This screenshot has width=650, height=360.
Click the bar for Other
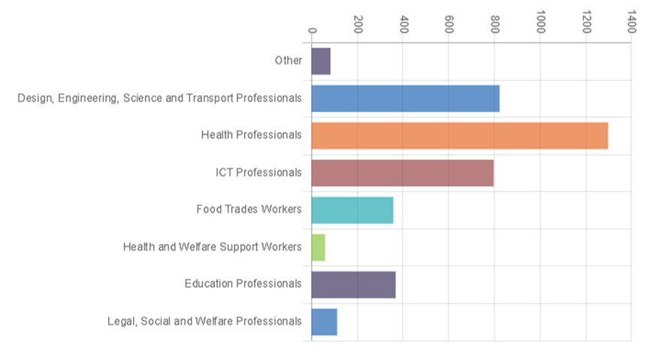pyautogui.click(x=321, y=61)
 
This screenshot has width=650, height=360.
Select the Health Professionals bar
pyautogui.click(x=459, y=135)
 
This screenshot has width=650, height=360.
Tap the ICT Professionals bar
pyautogui.click(x=402, y=173)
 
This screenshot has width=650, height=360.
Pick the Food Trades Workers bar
pyautogui.click(x=352, y=210)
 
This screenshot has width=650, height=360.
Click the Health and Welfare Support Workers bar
pyautogui.click(x=318, y=247)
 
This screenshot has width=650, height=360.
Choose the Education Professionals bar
pyautogui.click(x=353, y=284)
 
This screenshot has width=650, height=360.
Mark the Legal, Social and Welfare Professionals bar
pyautogui.click(x=324, y=322)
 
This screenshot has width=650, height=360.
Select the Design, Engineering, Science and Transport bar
pyautogui.click(x=405, y=98)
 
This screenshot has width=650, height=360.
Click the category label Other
pyautogui.click(x=289, y=61)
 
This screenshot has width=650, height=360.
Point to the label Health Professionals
pyautogui.click(x=251, y=135)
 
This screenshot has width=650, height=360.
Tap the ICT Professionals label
pyautogui.click(x=258, y=173)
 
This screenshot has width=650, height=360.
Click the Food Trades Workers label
pyautogui.click(x=249, y=210)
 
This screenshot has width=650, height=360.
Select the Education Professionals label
pyautogui.click(x=243, y=284)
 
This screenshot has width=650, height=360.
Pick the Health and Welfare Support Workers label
pyautogui.click(x=212, y=247)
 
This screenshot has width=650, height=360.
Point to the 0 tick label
pyautogui.click(x=313, y=30)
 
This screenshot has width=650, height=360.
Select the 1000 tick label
pyautogui.click(x=540, y=23)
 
